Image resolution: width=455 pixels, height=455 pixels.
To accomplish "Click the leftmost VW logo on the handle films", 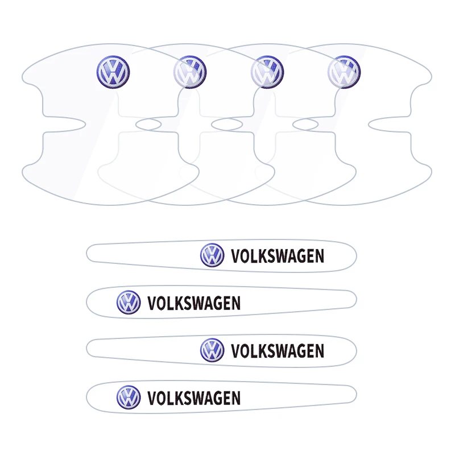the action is point(113,72).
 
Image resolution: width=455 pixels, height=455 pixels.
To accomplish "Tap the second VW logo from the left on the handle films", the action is point(190,72).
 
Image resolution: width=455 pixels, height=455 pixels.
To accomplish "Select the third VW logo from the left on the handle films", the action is point(267,72).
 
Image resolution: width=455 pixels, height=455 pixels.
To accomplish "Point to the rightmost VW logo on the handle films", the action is point(344,72).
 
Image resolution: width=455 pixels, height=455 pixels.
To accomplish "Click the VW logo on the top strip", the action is point(212,255).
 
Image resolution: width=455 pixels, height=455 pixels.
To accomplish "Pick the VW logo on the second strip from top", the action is point(129,303).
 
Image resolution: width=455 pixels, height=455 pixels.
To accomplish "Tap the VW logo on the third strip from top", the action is point(212,350).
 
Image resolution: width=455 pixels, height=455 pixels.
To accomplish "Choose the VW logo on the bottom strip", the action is point(129,397).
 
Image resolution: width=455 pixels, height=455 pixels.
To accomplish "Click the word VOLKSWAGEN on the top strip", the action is point(278,256).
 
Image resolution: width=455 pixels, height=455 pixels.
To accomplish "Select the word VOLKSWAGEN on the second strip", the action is point(194,303).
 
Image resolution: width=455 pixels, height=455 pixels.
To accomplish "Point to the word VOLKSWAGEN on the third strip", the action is point(278,351).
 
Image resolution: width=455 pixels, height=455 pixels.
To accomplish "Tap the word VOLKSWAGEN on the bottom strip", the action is point(194,398).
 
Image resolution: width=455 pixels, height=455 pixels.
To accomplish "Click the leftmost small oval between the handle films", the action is point(148,125).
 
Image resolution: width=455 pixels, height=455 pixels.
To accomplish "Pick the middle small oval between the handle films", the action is point(227,125).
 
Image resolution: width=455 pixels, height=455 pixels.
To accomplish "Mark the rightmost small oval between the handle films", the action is point(305,125).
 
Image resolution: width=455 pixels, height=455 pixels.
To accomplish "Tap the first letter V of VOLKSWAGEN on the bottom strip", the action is point(152,398).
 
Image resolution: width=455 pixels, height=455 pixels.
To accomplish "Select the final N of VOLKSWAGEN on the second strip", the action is point(236,303).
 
